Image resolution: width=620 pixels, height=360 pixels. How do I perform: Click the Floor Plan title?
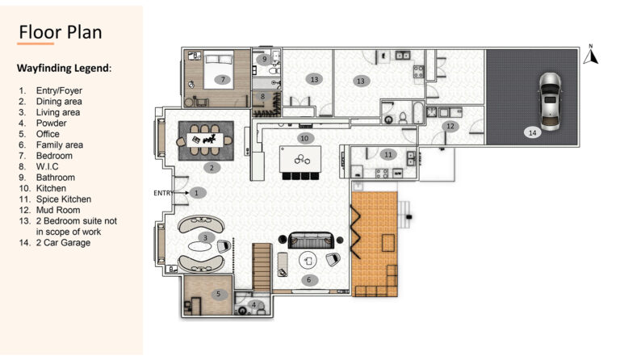click(x=61, y=32)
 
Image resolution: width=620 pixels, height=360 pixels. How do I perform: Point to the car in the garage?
click(x=550, y=101)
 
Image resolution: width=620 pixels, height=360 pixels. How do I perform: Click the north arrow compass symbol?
click(x=591, y=55)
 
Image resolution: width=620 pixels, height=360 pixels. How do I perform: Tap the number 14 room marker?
click(x=533, y=132)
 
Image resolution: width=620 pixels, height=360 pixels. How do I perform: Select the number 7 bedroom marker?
click(x=223, y=80)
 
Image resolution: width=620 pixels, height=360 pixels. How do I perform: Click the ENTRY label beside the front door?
click(x=163, y=193)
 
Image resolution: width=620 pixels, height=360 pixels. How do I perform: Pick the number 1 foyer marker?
click(x=197, y=193)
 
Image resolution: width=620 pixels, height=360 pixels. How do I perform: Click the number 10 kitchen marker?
click(x=304, y=138)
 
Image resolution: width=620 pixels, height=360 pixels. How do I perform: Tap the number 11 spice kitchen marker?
click(x=388, y=154)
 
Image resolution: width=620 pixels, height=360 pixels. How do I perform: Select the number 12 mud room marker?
click(x=450, y=126)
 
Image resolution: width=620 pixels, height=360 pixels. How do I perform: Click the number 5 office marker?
click(x=218, y=294)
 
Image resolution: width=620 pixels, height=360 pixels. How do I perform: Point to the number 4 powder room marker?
click(x=254, y=304)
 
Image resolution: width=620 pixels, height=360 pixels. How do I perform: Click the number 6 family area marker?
click(x=309, y=280)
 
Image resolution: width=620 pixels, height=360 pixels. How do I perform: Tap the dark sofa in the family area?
click(x=311, y=241)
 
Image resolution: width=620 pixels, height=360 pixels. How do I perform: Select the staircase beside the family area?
click(x=262, y=267)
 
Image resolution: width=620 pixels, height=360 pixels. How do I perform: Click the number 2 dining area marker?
click(x=212, y=168)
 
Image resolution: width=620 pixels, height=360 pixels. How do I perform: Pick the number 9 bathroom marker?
click(x=264, y=60)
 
